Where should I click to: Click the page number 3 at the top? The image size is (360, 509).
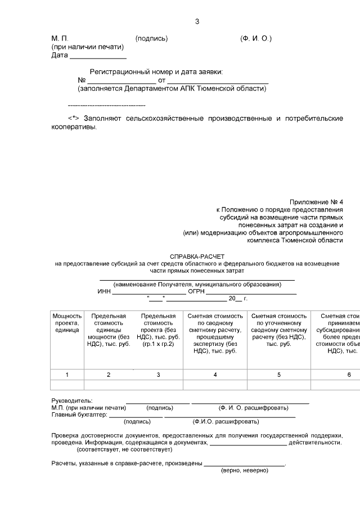pos(197,22)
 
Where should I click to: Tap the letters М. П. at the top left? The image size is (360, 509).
pos(60,38)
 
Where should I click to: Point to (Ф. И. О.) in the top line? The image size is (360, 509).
pos(255,38)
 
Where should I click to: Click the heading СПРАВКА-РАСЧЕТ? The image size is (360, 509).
pos(197,256)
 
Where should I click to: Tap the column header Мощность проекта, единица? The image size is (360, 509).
pos(67,324)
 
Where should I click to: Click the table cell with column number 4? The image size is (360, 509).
pos(215,375)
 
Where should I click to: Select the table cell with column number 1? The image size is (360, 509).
pos(67,375)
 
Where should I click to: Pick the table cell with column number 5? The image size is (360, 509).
pos(279,375)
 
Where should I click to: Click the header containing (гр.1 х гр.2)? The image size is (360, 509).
pos(158,344)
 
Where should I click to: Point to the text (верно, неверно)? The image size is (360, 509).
pos(245,470)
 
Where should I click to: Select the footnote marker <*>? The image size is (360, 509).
pos(74,119)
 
